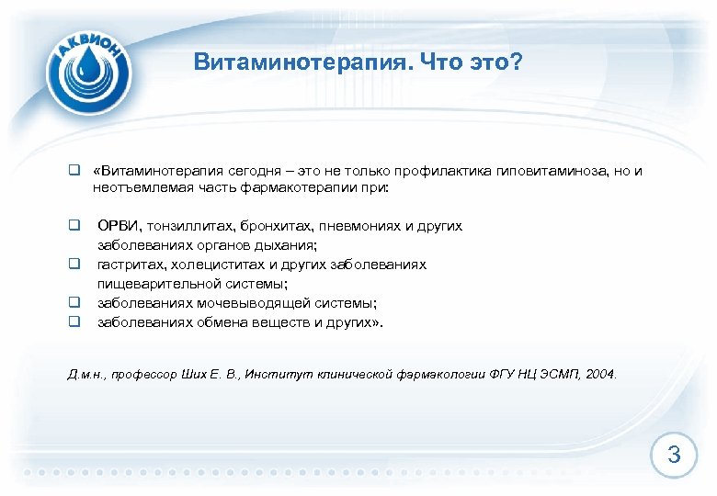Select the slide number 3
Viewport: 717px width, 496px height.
point(674,454)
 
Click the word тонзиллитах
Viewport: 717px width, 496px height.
point(186,226)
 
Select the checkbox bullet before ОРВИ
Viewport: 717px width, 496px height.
point(71,226)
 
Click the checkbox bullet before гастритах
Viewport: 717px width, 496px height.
point(71,265)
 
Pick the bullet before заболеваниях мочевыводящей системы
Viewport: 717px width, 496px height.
point(71,303)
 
